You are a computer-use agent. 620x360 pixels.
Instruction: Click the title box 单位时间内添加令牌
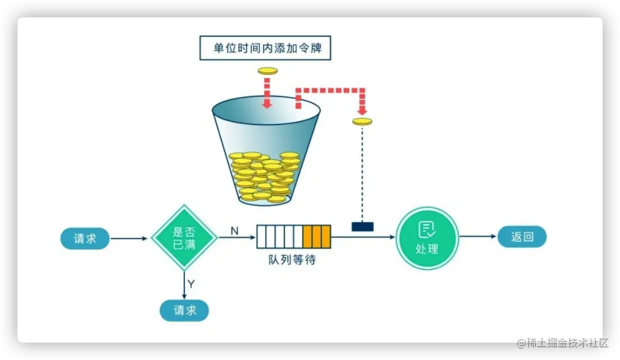click(x=265, y=48)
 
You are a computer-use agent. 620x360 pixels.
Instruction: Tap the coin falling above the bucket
click(x=268, y=71)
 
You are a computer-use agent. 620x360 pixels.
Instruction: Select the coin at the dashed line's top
click(x=362, y=121)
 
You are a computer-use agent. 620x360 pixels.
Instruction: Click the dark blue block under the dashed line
click(x=362, y=226)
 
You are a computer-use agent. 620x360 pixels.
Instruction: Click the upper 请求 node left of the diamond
click(x=85, y=238)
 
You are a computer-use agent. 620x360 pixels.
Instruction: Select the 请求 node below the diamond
click(x=184, y=310)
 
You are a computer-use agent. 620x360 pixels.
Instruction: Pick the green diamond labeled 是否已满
click(x=184, y=238)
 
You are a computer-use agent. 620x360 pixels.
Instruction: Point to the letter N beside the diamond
click(x=234, y=230)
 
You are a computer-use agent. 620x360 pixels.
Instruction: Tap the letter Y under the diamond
click(x=191, y=284)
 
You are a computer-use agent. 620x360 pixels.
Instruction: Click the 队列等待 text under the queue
click(x=292, y=260)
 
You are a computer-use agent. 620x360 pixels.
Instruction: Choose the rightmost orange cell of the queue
click(x=325, y=236)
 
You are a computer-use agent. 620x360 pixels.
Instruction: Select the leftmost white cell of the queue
click(x=261, y=236)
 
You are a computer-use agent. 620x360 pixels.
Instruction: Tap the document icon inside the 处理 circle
click(x=427, y=230)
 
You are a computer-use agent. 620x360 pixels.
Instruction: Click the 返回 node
click(x=521, y=237)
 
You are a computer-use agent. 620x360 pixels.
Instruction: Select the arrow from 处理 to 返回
click(x=477, y=237)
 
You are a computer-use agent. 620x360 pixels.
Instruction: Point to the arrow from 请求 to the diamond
click(x=129, y=238)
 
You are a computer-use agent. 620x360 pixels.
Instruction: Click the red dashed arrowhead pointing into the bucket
click(x=266, y=104)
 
